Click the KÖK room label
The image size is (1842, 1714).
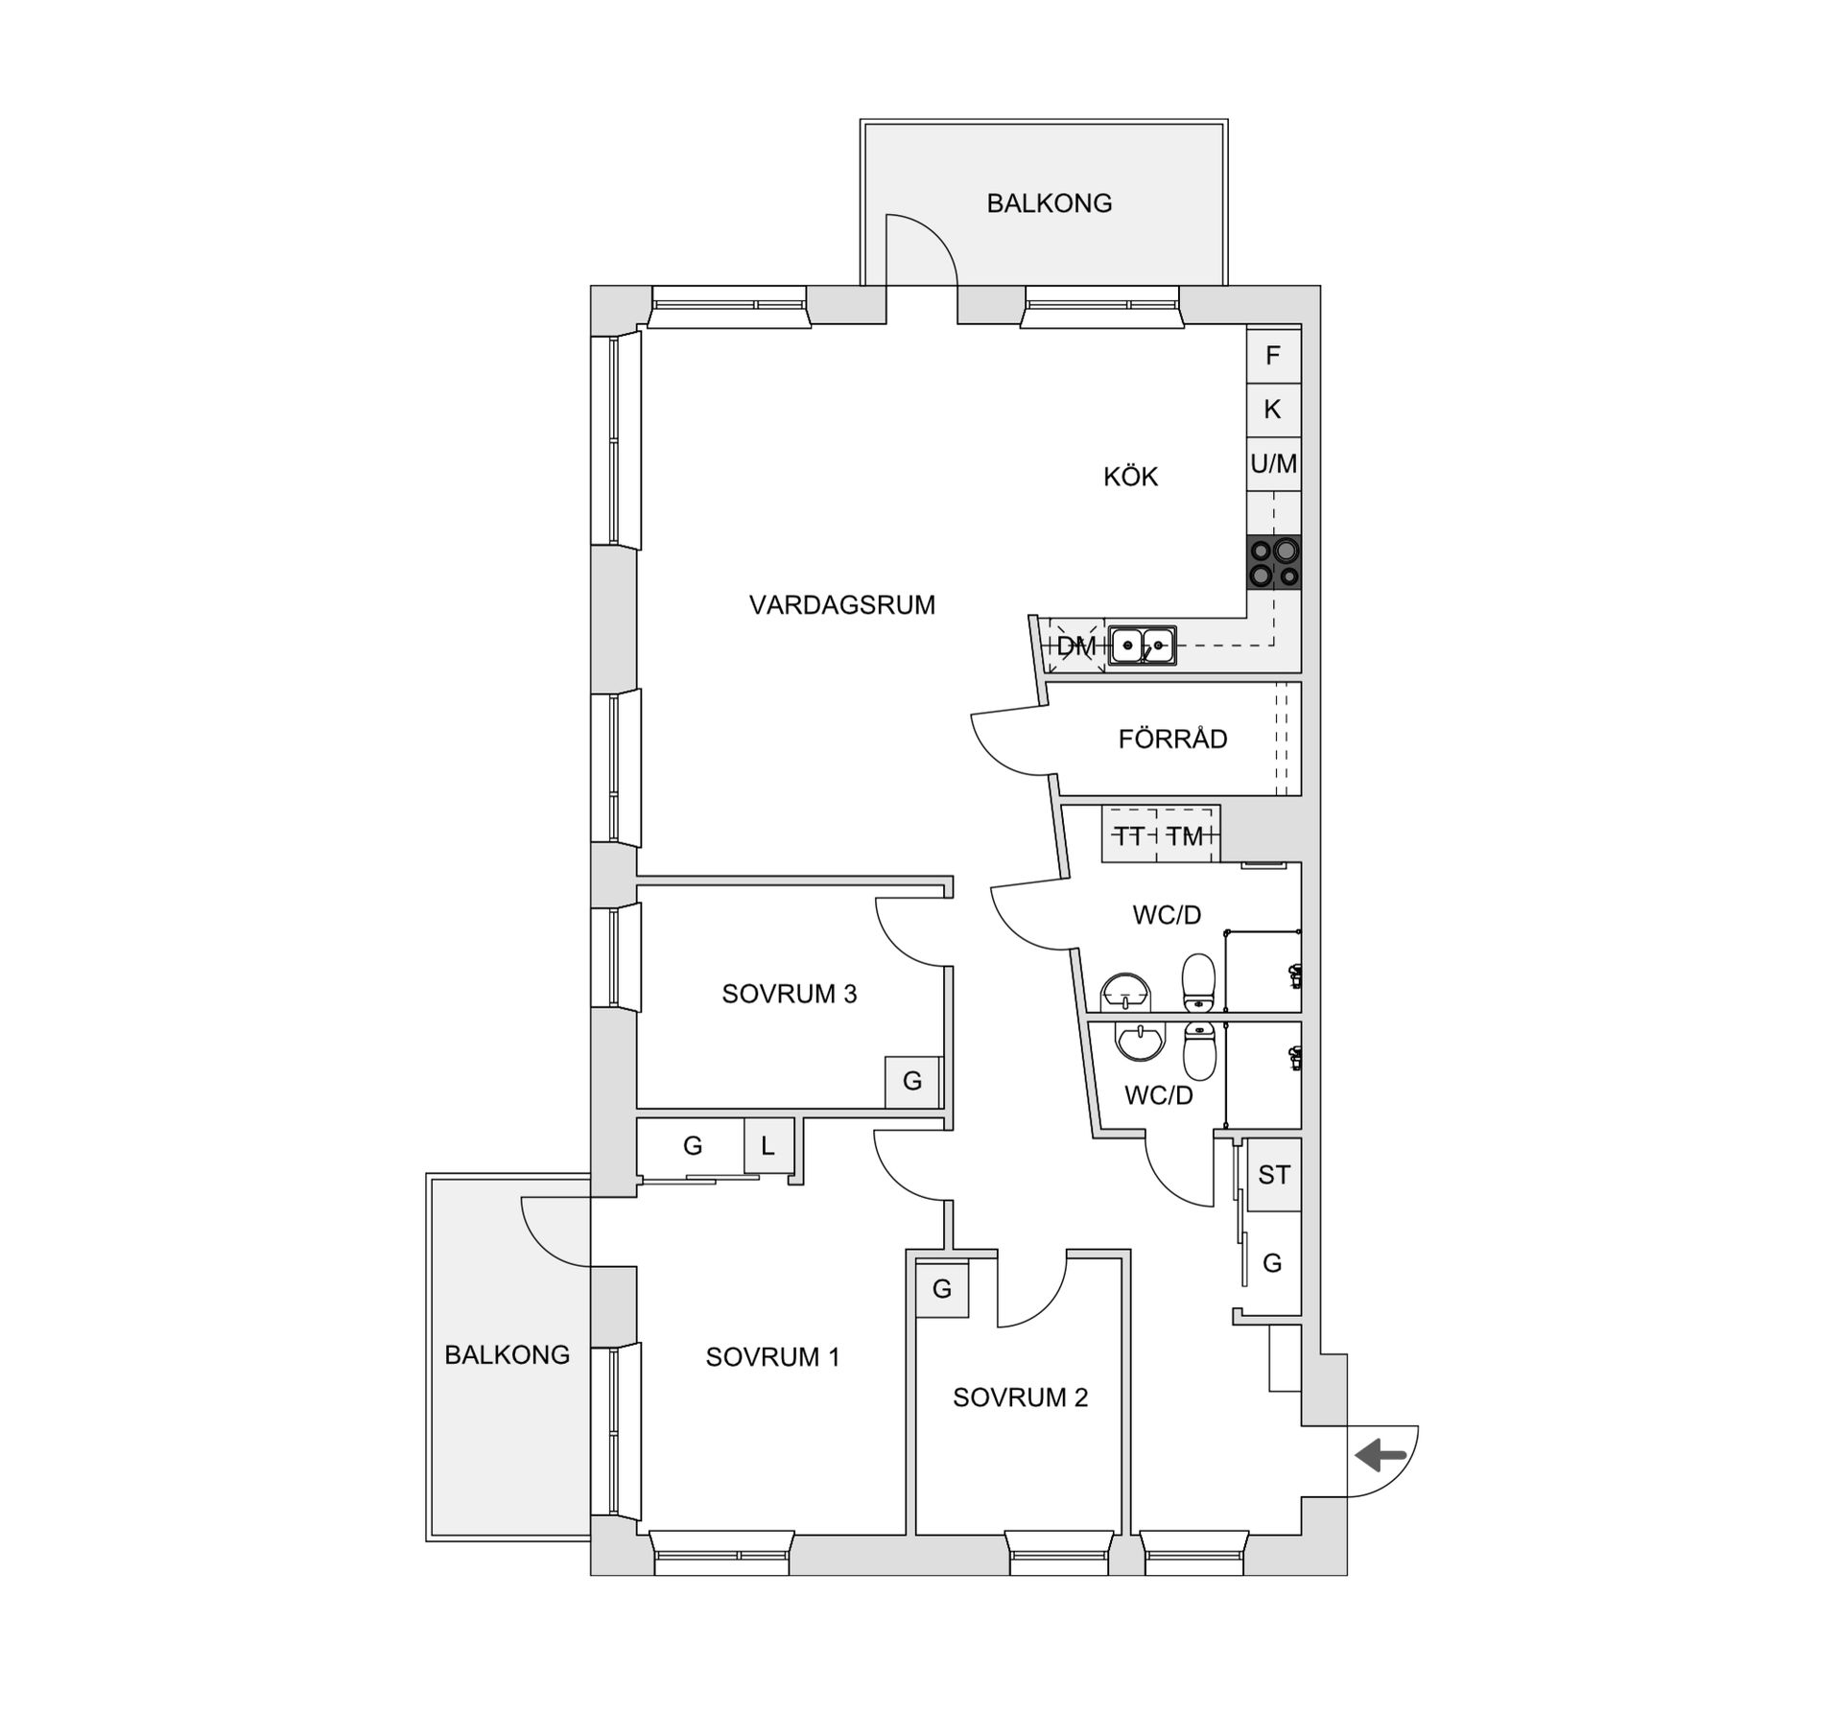coord(1130,477)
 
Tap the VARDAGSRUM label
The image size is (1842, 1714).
coord(841,605)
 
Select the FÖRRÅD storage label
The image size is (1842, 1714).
coord(1172,740)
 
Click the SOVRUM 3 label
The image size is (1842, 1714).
coord(789,994)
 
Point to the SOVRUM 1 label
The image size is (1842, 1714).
coord(772,1357)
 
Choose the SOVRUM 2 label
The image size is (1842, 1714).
coord(1020,1397)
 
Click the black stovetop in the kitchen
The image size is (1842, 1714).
coord(1274,562)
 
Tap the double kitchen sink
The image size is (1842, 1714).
coord(1142,646)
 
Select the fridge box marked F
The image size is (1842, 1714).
coord(1273,356)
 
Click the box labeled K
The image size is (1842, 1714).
coord(1273,410)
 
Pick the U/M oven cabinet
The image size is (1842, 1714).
coord(1273,464)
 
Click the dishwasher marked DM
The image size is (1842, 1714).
coord(1075,646)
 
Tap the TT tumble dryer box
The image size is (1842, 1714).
coord(1130,836)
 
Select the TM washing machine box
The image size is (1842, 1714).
coord(1186,836)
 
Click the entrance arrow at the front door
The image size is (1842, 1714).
coord(1381,1455)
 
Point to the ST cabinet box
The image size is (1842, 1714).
coord(1274,1175)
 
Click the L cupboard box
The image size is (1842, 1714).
coord(768,1146)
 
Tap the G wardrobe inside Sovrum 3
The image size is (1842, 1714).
coord(912,1082)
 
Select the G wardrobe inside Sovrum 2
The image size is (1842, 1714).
coord(942,1290)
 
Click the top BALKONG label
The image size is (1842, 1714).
coord(1050,203)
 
